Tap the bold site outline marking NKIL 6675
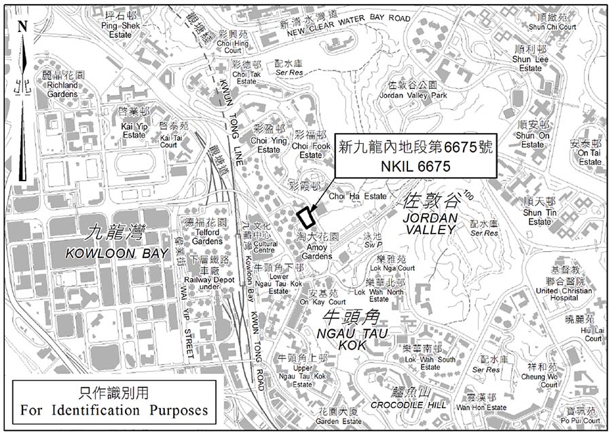click(x=305, y=216)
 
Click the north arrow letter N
click(x=22, y=26)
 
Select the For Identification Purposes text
click(x=114, y=410)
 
